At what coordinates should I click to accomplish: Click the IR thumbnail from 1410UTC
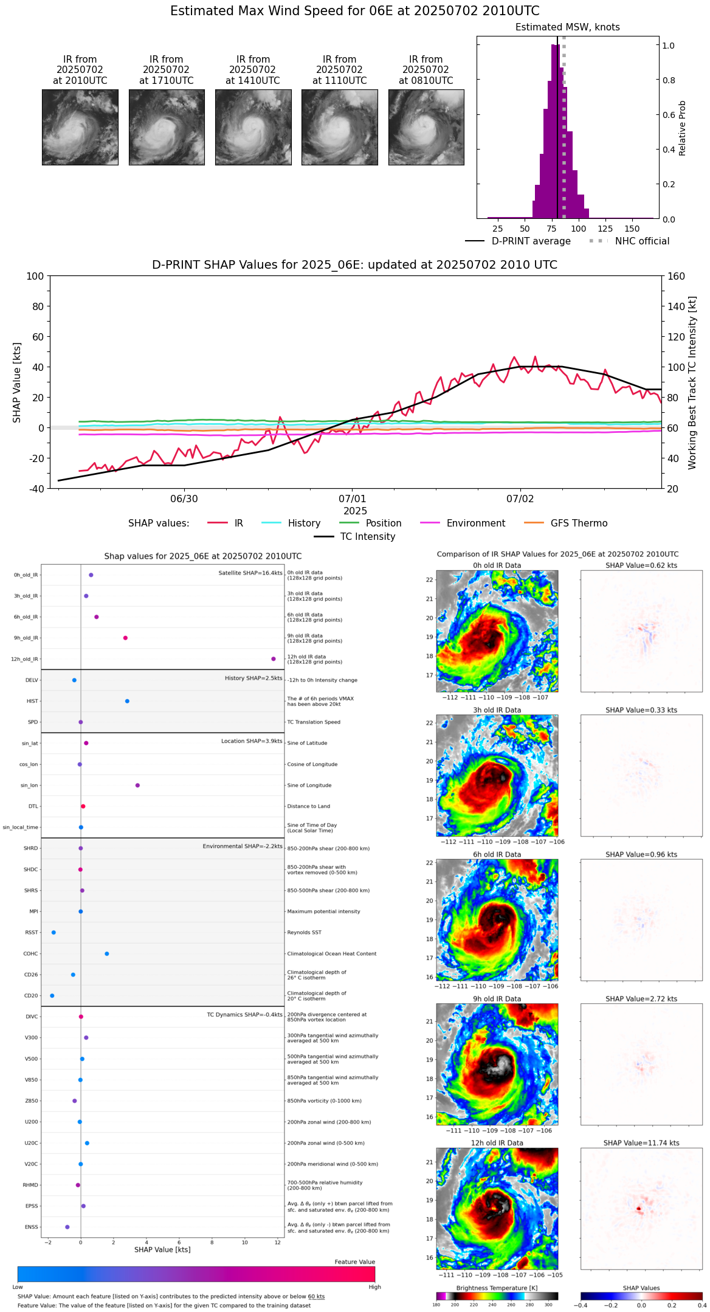[x=253, y=127]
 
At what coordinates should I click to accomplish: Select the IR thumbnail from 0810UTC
[x=426, y=127]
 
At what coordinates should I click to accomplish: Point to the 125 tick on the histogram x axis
[x=605, y=229]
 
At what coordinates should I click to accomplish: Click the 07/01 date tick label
[x=352, y=499]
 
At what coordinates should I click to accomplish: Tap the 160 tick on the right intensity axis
[x=676, y=276]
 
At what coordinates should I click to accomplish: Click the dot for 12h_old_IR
[x=274, y=659]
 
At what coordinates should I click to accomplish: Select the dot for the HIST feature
[x=127, y=701]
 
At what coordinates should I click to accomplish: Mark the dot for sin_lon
[x=137, y=785]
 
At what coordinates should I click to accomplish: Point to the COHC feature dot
[x=107, y=954]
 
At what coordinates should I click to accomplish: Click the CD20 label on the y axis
[x=31, y=996]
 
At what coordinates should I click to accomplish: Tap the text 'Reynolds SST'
[x=304, y=933]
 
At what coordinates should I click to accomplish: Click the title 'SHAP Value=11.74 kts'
[x=641, y=1143]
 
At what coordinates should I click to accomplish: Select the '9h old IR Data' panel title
[x=497, y=999]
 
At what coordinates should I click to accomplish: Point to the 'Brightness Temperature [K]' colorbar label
[x=497, y=1288]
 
